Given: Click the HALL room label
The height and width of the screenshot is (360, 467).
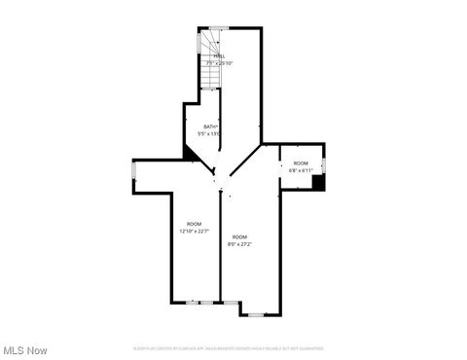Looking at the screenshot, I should pyautogui.click(x=220, y=56).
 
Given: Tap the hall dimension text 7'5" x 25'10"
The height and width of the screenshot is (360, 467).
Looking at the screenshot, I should pyautogui.click(x=220, y=63).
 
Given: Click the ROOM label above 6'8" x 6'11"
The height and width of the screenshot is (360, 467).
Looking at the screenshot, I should pyautogui.click(x=301, y=162).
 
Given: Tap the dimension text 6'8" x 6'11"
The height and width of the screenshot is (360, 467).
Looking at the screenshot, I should pyautogui.click(x=301, y=169).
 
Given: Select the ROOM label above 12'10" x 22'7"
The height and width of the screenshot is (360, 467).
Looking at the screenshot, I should pyautogui.click(x=194, y=224).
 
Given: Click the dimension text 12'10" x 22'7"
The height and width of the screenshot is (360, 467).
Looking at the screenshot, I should pyautogui.click(x=194, y=232).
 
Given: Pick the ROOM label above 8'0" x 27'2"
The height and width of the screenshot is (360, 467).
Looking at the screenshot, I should pyautogui.click(x=239, y=236).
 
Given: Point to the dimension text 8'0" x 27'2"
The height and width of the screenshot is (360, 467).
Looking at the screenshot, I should pyautogui.click(x=239, y=244).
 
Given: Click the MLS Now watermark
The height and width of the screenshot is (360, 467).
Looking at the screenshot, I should pyautogui.click(x=25, y=349).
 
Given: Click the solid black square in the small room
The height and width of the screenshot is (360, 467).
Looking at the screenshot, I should pyautogui.click(x=318, y=183).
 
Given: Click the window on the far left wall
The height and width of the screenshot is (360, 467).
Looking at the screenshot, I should pyautogui.click(x=134, y=175).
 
